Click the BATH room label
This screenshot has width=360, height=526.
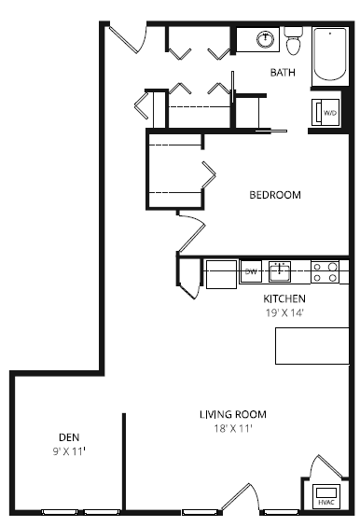point(283,72)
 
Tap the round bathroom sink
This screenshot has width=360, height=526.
point(266,39)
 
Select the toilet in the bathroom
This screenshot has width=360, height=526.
point(294,42)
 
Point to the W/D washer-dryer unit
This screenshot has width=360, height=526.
point(327,113)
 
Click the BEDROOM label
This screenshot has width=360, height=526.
point(274,195)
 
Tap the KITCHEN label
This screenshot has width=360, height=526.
point(284,298)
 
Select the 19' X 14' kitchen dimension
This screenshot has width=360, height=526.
point(284,312)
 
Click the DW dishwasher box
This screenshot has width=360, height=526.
point(250,272)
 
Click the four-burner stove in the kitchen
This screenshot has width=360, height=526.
point(324,271)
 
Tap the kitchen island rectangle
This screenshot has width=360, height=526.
point(312,346)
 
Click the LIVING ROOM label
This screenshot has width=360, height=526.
point(233,414)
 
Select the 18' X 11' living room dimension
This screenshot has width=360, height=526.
point(233,428)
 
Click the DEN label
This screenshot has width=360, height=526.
point(68,436)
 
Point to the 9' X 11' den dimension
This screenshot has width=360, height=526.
point(68,450)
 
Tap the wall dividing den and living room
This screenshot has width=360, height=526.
point(123,462)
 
